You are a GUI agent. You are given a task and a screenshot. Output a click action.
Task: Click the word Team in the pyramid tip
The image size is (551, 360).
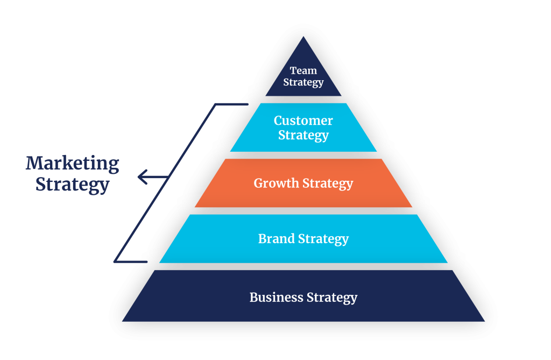[303, 70]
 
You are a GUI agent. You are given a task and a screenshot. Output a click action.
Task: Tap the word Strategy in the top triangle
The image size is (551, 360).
[303, 82]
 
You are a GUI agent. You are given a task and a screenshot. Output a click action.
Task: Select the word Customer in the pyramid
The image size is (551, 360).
[303, 121]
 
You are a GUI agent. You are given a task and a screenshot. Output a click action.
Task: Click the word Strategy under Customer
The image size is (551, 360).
[303, 135]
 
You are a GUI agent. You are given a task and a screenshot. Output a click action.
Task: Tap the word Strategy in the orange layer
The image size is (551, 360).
[328, 183]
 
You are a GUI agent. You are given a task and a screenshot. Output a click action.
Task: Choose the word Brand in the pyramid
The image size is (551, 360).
[276, 238]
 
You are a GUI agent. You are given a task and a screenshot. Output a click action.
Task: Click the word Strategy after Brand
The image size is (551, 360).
[324, 239]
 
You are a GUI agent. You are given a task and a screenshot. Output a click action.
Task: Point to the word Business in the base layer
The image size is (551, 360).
[276, 297]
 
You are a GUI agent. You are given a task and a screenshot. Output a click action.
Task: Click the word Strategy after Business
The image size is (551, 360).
[332, 297]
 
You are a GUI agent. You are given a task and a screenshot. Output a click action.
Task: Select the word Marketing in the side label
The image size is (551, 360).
[73, 163]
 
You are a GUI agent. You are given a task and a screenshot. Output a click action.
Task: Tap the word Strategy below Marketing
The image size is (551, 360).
[73, 184]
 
